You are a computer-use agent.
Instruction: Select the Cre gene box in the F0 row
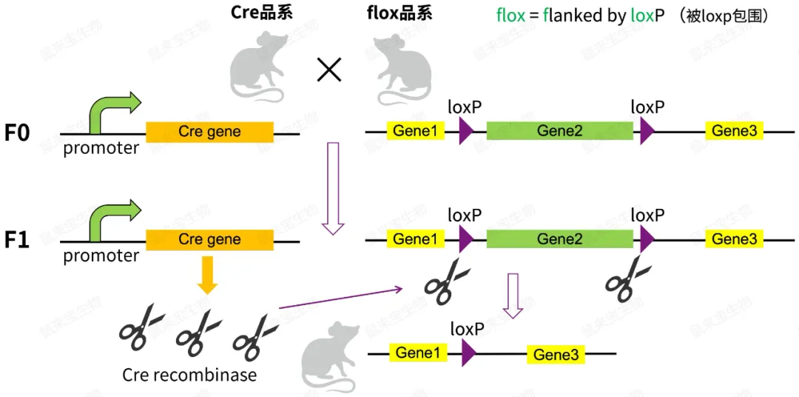tap(209, 132)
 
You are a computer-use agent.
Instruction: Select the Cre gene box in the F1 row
tap(209, 240)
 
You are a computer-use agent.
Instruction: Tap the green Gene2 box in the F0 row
tap(559, 131)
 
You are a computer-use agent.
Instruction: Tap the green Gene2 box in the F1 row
tap(559, 239)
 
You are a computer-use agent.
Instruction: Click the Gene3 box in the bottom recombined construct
tap(556, 355)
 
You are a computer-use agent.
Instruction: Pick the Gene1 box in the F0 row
tap(415, 131)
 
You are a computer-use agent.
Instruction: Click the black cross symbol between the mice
tap(328, 70)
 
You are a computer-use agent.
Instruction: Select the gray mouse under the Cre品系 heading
tap(256, 70)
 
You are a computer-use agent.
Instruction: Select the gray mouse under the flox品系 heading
tap(397, 70)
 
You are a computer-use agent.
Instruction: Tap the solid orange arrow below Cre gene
tap(209, 274)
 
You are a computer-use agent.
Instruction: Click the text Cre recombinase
tap(189, 375)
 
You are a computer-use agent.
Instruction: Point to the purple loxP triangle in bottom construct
tap(468, 353)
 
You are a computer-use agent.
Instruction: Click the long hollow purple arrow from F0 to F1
tap(333, 188)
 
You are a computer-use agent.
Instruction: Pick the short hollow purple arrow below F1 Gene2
tap(513, 295)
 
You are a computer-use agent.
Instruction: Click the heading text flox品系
tap(399, 15)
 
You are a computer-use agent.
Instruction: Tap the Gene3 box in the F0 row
tap(733, 131)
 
